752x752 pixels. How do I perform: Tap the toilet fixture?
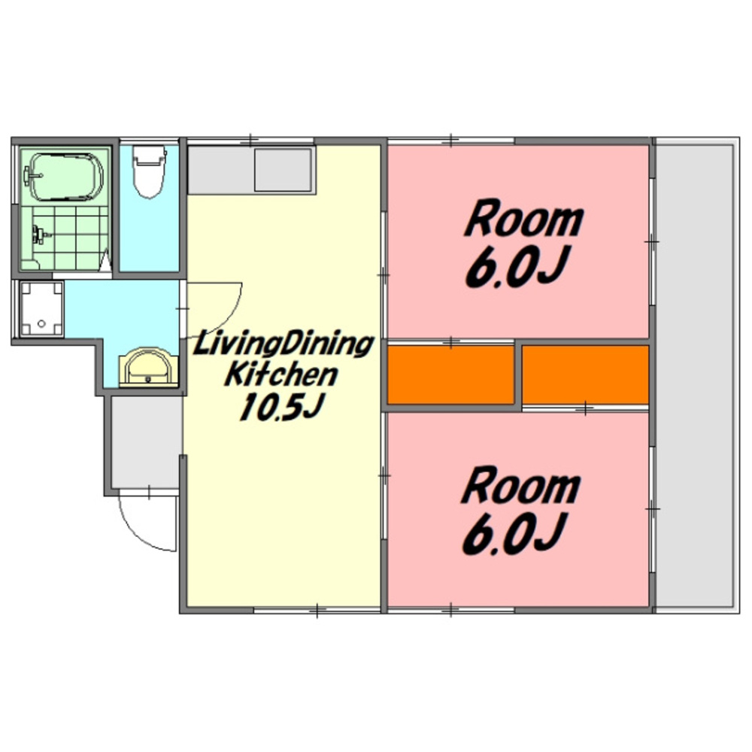pos(149,171)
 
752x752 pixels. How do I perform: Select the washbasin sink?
pos(148,368)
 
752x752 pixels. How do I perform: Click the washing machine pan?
pos(41,309)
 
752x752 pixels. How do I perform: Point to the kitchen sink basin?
pos(283,170)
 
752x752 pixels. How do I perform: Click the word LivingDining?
pos(283,345)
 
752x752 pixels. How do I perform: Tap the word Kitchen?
pos(282,374)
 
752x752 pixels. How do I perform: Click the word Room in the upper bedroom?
pos(523,220)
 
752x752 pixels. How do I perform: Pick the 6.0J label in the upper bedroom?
pos(518,266)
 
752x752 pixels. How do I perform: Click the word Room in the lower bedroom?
pos(521,487)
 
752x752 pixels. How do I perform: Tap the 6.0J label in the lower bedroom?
pos(514,532)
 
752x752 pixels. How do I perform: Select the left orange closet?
pos(450,374)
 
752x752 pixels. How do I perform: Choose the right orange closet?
pos(585,374)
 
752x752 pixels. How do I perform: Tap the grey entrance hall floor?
pos(147,441)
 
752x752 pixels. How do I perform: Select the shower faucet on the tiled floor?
pos(38,235)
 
